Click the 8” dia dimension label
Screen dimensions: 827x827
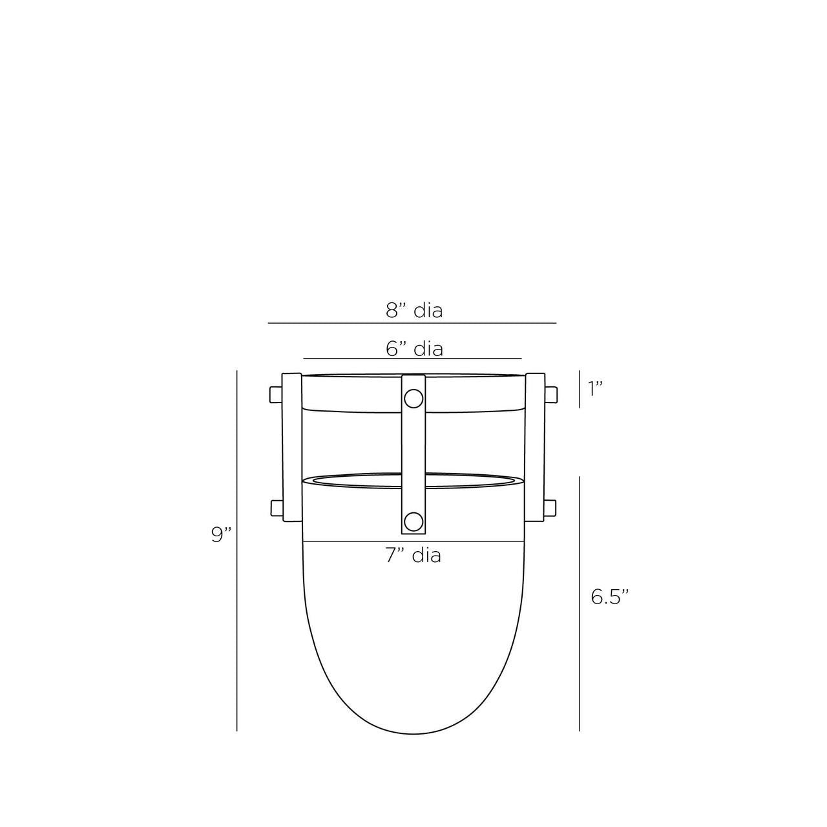414,310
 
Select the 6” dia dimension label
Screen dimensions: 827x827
414,349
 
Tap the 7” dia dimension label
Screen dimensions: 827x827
413,555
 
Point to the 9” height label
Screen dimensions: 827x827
221,535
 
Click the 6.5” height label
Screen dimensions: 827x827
609,597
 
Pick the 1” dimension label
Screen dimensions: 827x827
595,388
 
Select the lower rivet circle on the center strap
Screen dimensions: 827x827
413,520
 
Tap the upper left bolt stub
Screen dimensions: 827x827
275,395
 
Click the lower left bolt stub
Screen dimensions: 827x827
275,508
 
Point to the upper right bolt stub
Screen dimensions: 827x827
551,395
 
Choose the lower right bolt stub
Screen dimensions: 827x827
551,508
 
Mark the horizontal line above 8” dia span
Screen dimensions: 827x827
412,322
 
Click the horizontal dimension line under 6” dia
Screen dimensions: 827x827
412,358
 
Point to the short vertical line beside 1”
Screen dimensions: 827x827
579,389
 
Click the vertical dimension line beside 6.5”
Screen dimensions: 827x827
579,604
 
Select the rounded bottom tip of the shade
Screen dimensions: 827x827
413,733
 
